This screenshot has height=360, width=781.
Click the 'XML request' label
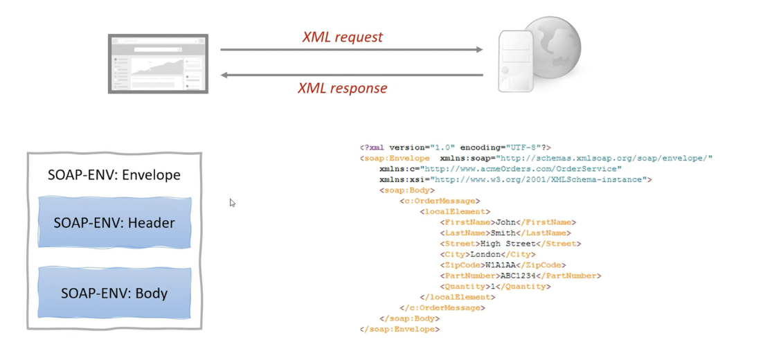342,37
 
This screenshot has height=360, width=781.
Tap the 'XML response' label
342,88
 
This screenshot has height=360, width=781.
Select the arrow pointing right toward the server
351,50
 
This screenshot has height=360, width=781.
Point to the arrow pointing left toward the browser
351,75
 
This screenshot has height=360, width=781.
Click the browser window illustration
158,63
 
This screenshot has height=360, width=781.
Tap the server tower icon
515,62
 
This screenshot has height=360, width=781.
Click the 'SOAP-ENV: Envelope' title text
114,174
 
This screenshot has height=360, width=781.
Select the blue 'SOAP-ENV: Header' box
114,223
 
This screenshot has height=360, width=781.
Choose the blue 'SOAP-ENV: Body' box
114,293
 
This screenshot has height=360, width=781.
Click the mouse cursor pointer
232,202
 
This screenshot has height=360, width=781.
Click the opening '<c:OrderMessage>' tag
440,201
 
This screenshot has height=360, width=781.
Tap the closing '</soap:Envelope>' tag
400,330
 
